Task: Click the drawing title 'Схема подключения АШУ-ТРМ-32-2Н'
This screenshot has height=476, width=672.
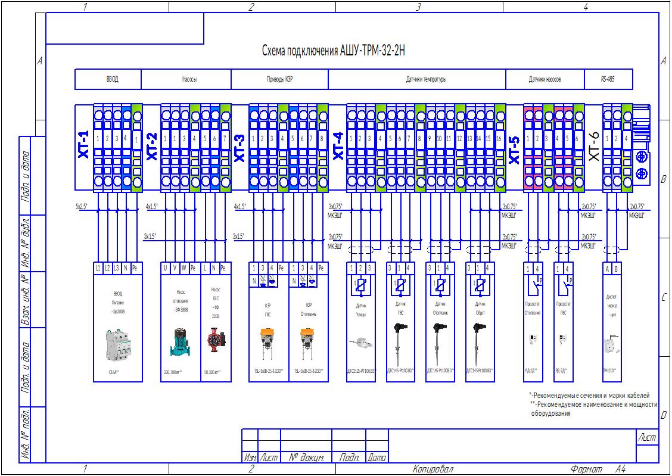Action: (x=334, y=51)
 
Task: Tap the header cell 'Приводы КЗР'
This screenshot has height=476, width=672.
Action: (x=279, y=79)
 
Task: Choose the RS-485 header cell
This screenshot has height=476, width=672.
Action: (x=608, y=79)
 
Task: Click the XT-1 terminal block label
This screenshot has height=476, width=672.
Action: (x=83, y=145)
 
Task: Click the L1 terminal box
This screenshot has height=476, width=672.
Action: (x=98, y=268)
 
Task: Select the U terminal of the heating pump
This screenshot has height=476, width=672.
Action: (x=166, y=268)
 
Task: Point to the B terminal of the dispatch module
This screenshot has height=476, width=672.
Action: (x=616, y=268)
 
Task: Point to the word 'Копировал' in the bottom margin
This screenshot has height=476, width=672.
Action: (x=433, y=470)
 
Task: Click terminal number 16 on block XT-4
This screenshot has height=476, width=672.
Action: (x=498, y=139)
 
